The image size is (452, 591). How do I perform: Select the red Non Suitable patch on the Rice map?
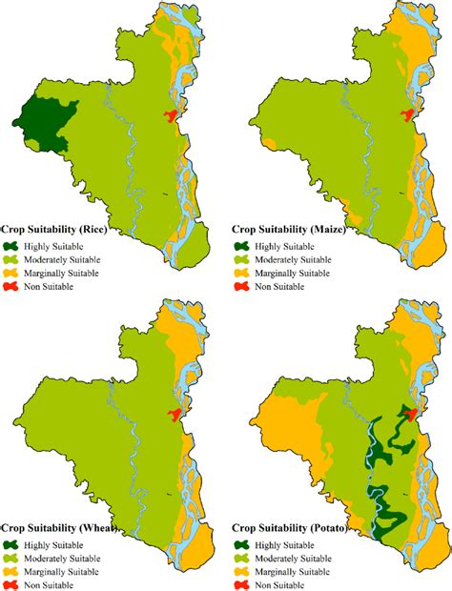170,116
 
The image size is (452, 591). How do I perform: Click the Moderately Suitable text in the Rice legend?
67,259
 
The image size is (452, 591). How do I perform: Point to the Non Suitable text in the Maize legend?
287,287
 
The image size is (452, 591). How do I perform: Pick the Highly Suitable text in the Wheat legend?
58,542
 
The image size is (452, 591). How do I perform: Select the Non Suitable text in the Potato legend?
287,583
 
